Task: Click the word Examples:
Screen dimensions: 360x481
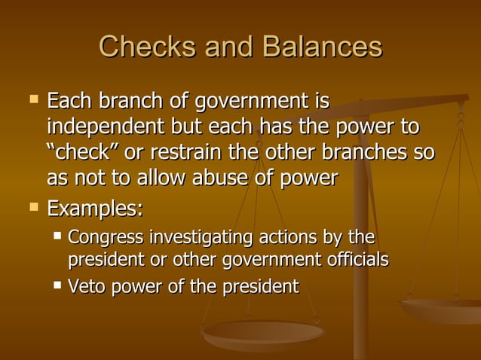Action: click(x=95, y=206)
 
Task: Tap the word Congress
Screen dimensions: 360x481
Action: click(x=105, y=238)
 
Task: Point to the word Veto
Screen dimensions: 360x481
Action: click(x=85, y=286)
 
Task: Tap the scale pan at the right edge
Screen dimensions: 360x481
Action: click(x=445, y=309)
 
